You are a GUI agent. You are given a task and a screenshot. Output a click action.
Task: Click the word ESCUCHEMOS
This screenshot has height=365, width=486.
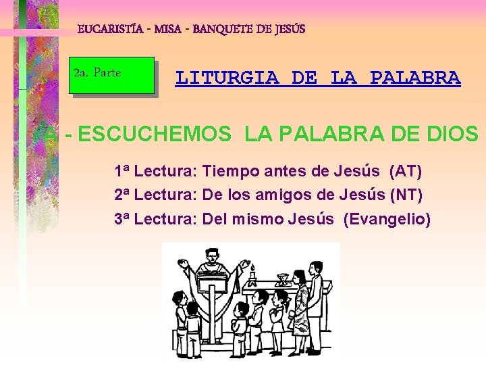[154, 135]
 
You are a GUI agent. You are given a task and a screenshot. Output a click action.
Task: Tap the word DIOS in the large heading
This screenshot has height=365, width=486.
[452, 135]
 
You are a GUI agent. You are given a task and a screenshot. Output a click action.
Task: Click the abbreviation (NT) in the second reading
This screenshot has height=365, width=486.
[407, 195]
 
